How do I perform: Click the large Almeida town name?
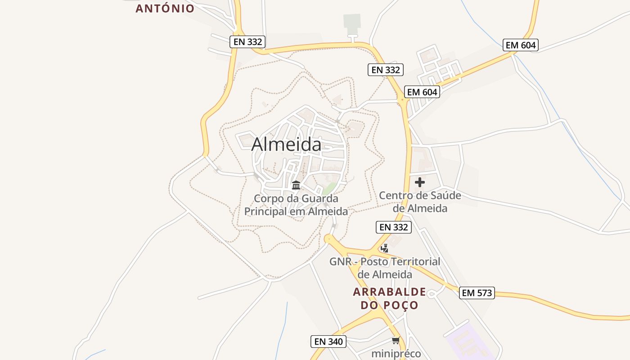click(286, 144)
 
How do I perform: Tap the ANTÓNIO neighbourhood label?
click(165, 8)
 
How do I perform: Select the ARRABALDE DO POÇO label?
click(389, 298)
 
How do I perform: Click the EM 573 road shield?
click(477, 293)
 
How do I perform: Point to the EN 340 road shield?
click(328, 342)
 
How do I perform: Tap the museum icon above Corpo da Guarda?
click(296, 185)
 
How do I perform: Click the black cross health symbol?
click(420, 182)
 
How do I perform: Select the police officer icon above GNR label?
click(384, 248)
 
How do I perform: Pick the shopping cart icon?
click(396, 341)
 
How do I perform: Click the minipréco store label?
click(396, 354)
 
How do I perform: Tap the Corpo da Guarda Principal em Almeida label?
click(296, 205)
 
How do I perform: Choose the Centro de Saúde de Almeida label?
click(420, 202)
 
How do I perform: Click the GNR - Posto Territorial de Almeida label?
click(385, 268)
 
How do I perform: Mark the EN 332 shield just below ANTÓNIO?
click(247, 42)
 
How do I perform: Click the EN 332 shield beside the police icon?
click(394, 227)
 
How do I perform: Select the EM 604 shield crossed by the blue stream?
click(521, 45)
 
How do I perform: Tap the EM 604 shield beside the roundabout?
click(422, 92)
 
